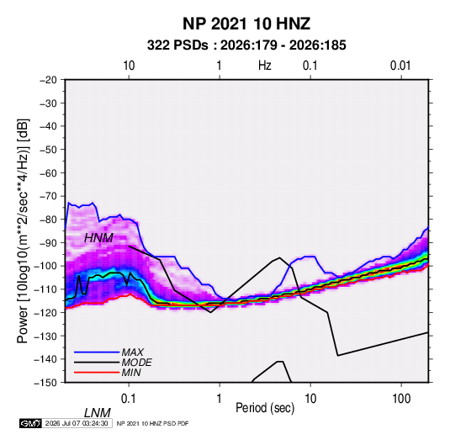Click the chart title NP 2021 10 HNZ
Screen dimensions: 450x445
[x=246, y=24]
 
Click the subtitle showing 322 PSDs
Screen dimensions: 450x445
[x=246, y=45]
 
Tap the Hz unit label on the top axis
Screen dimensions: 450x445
[x=265, y=66]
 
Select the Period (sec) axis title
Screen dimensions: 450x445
[x=265, y=408]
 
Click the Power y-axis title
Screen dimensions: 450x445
[x=23, y=231]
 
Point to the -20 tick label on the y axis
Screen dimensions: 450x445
[x=48, y=80]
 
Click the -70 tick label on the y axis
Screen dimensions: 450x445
[x=48, y=196]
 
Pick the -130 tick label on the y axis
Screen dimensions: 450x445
[x=45, y=336]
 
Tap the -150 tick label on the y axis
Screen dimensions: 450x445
[x=45, y=383]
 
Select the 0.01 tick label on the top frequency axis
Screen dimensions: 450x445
[x=400, y=66]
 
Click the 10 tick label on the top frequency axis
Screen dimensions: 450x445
[x=129, y=66]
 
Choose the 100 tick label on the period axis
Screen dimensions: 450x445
[x=401, y=399]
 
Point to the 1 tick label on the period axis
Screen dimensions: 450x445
[x=220, y=399]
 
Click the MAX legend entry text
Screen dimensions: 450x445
[x=133, y=352]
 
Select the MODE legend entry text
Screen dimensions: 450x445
[x=136, y=363]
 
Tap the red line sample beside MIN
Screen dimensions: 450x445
[x=97, y=373]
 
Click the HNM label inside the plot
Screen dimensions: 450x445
[x=98, y=238]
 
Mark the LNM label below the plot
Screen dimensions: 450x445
[x=98, y=413]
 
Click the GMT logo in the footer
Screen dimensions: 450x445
[x=31, y=423]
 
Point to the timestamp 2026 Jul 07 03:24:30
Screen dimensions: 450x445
[x=77, y=423]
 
